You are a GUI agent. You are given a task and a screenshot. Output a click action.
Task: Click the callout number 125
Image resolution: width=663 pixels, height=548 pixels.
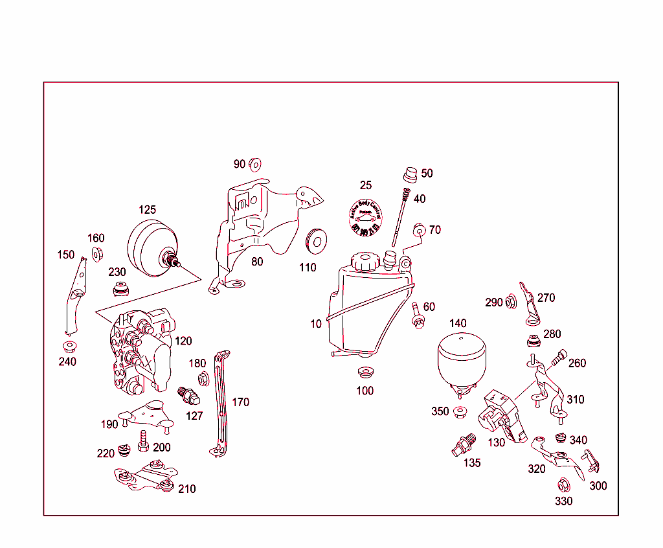[148, 210]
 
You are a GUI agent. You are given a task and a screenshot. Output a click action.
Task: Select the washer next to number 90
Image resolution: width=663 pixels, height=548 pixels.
[254, 163]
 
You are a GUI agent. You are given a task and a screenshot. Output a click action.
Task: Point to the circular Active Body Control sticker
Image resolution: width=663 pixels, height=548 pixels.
[366, 218]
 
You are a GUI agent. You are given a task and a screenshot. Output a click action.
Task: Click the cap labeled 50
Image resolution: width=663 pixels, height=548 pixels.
[410, 175]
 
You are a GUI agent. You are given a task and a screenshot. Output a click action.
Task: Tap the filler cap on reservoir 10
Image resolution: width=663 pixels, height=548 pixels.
[365, 262]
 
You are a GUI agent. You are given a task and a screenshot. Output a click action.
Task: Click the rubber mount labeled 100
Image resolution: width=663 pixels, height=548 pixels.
[365, 373]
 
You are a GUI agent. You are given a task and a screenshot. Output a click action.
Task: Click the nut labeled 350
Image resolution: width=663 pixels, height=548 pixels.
[460, 412]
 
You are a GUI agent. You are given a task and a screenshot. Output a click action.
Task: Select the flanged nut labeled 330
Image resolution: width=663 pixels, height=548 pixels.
[563, 485]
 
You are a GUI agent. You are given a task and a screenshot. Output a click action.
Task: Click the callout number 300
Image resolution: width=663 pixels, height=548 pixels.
[598, 486]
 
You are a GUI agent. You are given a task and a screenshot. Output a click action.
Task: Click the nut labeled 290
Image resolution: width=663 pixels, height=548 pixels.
[511, 301]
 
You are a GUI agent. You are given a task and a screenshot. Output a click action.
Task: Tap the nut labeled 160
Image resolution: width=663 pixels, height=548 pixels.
[97, 253]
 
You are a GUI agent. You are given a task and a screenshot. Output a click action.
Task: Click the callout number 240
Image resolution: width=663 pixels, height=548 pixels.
[67, 361]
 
